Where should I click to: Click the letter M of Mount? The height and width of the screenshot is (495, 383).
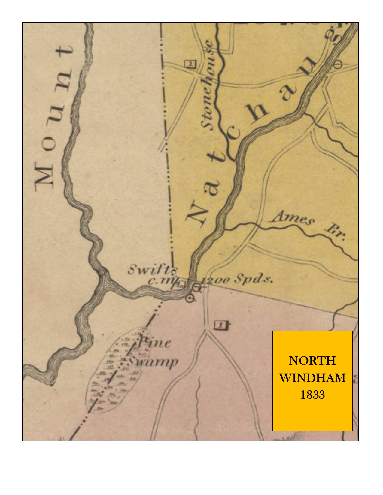[x=44, y=177]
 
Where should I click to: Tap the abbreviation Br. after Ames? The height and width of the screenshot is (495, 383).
[x=336, y=233]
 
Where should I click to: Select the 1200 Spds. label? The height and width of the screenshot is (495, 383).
[x=237, y=280]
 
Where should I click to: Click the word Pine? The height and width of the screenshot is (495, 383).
[x=155, y=342]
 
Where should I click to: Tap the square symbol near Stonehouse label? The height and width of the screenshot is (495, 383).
[x=190, y=64]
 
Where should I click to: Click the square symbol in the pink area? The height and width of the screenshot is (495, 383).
[x=220, y=325]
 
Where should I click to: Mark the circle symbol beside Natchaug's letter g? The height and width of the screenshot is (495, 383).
[x=338, y=64]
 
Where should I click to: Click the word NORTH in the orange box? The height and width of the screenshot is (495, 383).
[x=312, y=361]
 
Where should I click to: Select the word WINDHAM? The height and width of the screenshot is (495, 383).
[x=312, y=378]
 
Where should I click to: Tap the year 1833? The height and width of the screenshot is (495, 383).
[x=312, y=394]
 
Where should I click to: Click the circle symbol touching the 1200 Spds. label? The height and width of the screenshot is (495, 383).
[x=196, y=287]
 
